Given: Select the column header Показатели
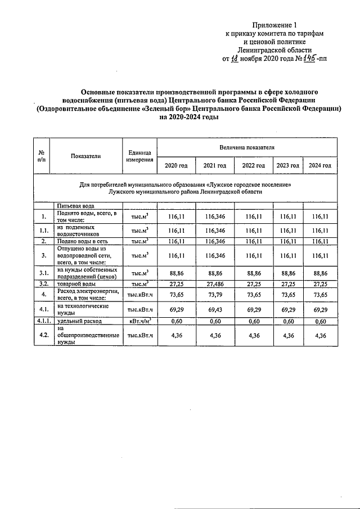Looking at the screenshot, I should (x=86, y=156).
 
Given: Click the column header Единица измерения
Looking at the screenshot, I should (x=139, y=156).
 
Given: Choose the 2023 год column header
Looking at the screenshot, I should (x=287, y=165).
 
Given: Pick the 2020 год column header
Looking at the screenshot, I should (x=176, y=165).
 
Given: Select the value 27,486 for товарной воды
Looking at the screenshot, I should (x=214, y=285).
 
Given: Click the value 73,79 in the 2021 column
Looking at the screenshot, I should (x=214, y=294).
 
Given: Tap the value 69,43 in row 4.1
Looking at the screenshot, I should (x=214, y=310).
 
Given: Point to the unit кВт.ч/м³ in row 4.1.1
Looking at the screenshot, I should (x=139, y=321).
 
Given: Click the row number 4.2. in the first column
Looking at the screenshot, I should (x=43, y=335).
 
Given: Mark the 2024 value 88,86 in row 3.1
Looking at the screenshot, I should (x=319, y=273).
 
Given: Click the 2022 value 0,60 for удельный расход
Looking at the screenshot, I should (x=253, y=321).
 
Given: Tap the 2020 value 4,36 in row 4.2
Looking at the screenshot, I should (x=176, y=335).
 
